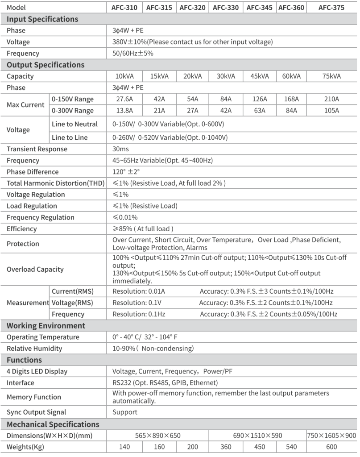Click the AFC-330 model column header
coord(226,8)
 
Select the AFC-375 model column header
coord(331,8)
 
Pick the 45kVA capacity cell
coord(260,76)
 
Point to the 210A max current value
coord(331,99)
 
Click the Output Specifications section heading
coord(46,65)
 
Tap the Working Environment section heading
coord(46,326)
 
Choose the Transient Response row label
coord(37,149)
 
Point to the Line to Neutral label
coord(74,124)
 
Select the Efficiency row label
coord(22,229)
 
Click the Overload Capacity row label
coord(35,270)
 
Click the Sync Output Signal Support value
coord(125,412)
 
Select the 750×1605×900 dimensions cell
coord(331,436)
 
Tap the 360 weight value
coord(226,447)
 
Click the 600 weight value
coord(331,447)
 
